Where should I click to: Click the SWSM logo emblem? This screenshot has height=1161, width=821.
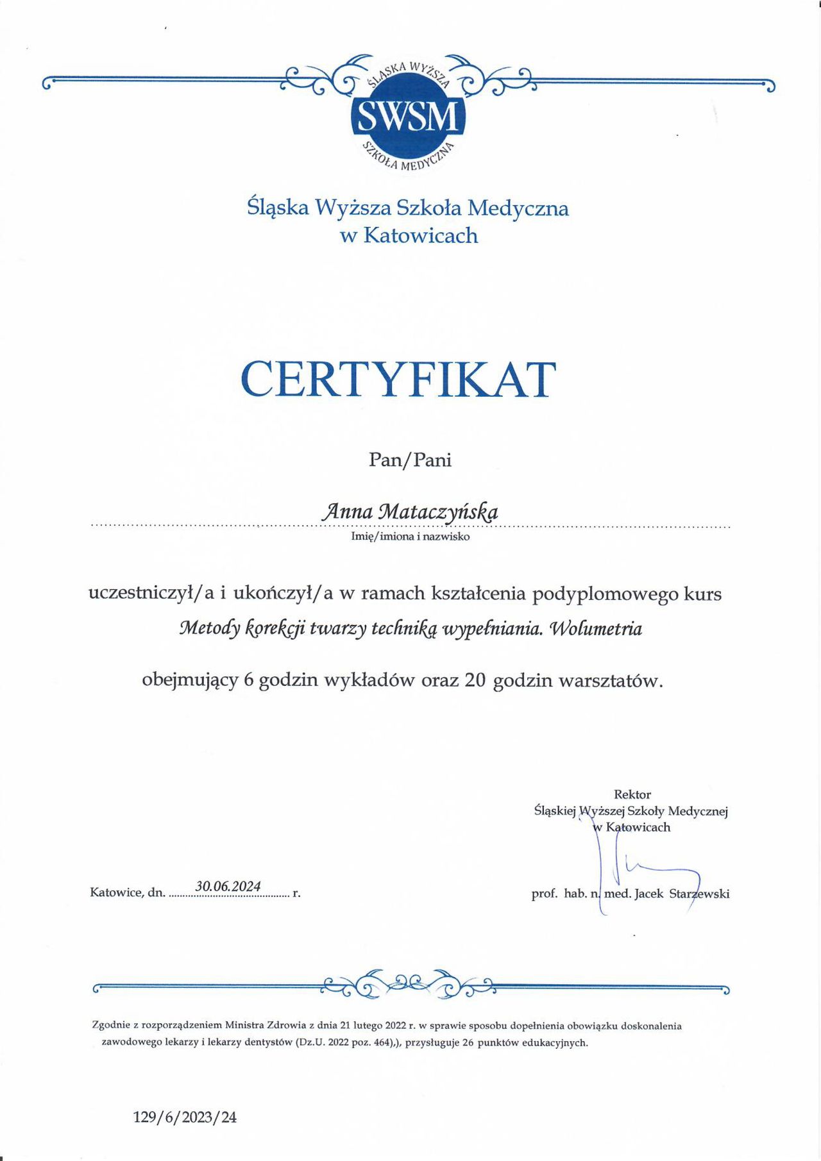pyautogui.click(x=408, y=115)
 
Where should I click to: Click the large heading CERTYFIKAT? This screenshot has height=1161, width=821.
pyautogui.click(x=398, y=380)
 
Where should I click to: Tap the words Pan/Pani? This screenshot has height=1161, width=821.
pyautogui.click(x=410, y=460)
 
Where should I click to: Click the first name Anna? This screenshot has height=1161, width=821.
pyautogui.click(x=347, y=511)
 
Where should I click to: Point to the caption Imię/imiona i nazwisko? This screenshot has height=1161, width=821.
pyautogui.click(x=410, y=537)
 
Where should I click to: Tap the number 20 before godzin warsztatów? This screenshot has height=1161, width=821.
pyautogui.click(x=475, y=680)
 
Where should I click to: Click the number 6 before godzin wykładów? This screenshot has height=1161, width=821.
pyautogui.click(x=249, y=680)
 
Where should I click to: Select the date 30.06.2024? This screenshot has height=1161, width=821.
pyautogui.click(x=228, y=886)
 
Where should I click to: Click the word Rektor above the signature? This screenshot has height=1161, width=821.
pyautogui.click(x=632, y=794)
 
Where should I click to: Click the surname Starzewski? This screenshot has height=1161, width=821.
pyautogui.click(x=699, y=893)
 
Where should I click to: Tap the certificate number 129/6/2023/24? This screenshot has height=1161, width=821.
pyautogui.click(x=185, y=1117)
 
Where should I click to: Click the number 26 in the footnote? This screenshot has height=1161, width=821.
pyautogui.click(x=468, y=1042)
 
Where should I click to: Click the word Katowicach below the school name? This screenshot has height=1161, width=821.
pyautogui.click(x=421, y=235)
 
